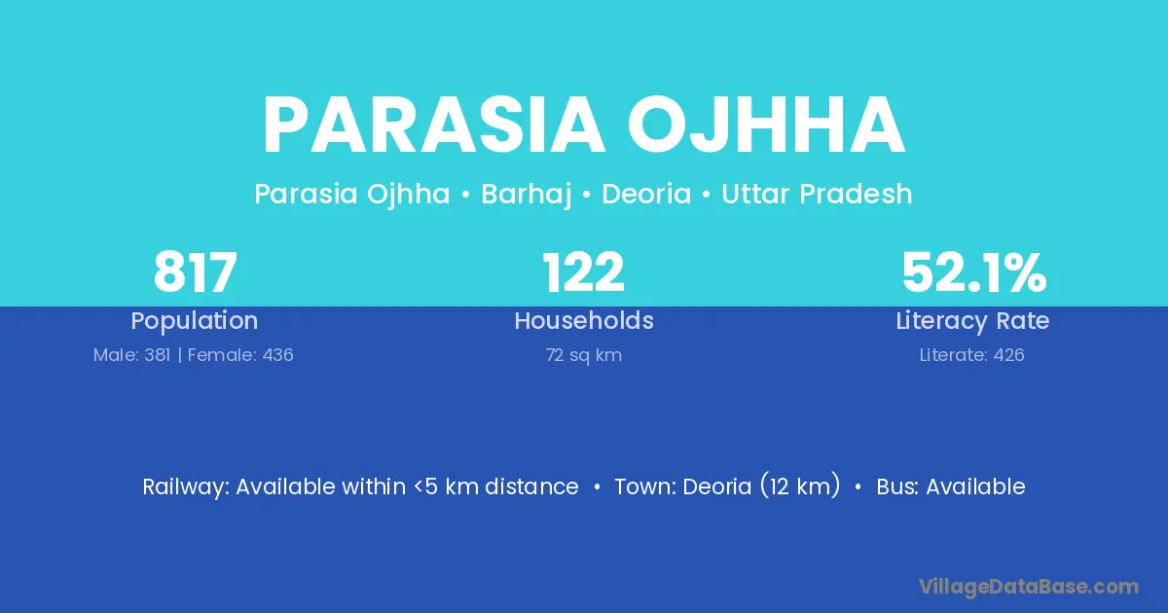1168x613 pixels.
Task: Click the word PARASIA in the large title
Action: [x=434, y=126]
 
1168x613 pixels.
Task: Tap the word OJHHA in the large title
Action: [x=766, y=126]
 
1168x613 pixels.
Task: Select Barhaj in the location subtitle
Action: [x=527, y=195]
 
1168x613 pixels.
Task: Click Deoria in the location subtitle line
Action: [x=646, y=194]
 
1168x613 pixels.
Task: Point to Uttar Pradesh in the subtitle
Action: [x=817, y=194]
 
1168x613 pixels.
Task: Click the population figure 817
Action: [x=195, y=272]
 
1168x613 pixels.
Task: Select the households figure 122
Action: [x=583, y=272]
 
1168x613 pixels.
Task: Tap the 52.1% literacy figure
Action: [x=974, y=272]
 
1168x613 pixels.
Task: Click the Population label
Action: [x=195, y=321]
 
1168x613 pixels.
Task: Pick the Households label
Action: [x=584, y=320]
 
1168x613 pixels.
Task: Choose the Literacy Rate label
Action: [x=972, y=321]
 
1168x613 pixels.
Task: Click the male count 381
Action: [x=158, y=355]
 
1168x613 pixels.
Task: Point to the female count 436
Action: [x=278, y=355]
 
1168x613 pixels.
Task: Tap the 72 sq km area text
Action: [x=584, y=355]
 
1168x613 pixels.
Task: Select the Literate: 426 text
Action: [x=972, y=355]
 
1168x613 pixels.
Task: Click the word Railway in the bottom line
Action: [x=186, y=487]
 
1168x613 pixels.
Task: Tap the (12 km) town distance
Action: [x=800, y=486]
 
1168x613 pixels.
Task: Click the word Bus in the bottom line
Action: [x=895, y=487]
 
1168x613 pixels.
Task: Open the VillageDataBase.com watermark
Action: [x=1029, y=587]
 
